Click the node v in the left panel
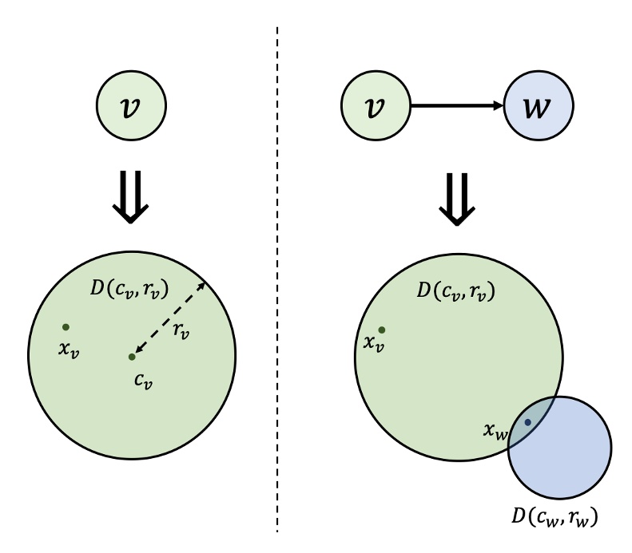pyautogui.click(x=131, y=105)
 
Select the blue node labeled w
pyautogui.click(x=538, y=105)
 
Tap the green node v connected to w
pyautogui.click(x=376, y=105)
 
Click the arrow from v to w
pyautogui.click(x=455, y=105)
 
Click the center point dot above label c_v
pyautogui.click(x=132, y=357)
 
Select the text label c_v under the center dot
pyautogui.click(x=143, y=381)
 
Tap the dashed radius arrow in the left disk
pyautogui.click(x=169, y=318)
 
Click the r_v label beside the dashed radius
pyautogui.click(x=181, y=329)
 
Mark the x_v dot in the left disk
pyautogui.click(x=66, y=326)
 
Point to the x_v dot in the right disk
pyautogui.click(x=382, y=330)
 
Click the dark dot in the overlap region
pyautogui.click(x=527, y=422)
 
